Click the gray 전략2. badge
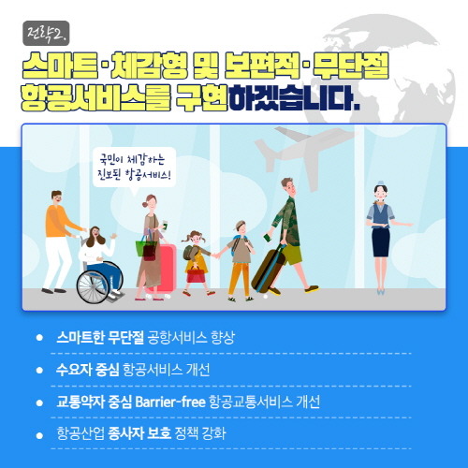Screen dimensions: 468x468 point(46,33)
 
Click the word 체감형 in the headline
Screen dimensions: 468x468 point(149,66)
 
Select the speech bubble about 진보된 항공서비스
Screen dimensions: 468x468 point(135,168)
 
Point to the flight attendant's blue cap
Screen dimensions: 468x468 point(380,183)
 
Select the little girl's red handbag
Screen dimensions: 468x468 point(196,275)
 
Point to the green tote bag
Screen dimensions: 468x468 point(143,246)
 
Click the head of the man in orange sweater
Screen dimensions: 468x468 point(56,197)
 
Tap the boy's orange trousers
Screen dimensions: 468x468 point(239,279)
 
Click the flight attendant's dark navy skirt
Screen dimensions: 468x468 point(381,242)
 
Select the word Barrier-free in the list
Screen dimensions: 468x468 point(170,402)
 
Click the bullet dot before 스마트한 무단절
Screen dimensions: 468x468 point(39,338)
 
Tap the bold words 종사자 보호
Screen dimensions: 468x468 point(139,433)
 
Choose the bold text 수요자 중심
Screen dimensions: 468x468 point(88,370)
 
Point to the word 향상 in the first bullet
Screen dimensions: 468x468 point(223,338)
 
